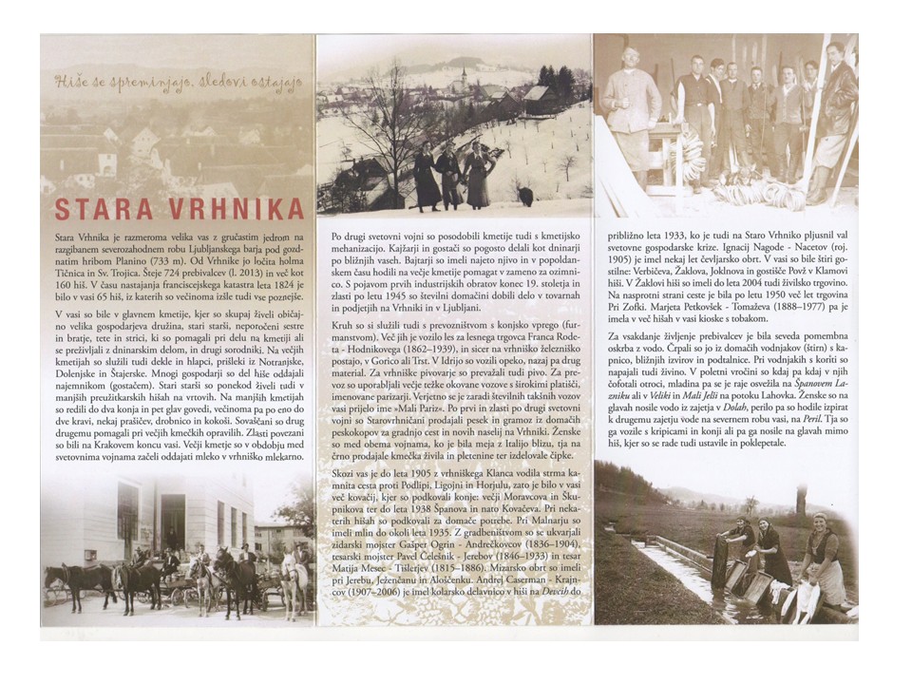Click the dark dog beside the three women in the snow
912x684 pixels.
pos(525,198)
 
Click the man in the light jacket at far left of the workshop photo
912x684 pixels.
pos(629,104)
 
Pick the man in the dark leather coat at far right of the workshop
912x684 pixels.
pos(836,114)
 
